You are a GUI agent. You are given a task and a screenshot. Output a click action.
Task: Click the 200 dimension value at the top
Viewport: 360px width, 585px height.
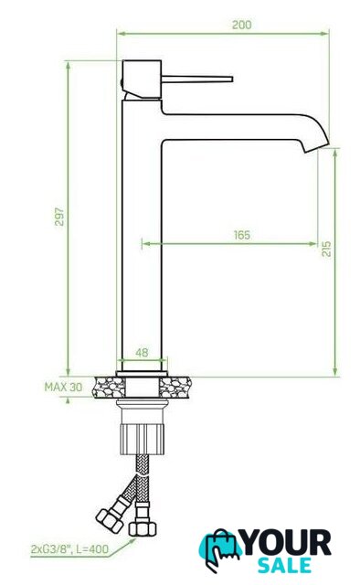[x=242, y=25]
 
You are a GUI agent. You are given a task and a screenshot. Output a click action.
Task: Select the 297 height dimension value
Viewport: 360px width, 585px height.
[x=59, y=217]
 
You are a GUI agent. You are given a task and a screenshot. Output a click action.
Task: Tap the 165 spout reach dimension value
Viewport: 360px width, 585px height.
[x=242, y=235]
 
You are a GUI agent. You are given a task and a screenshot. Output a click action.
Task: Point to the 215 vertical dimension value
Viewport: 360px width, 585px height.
[x=326, y=249]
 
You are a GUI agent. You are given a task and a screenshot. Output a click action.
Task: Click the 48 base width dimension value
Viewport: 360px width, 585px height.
[x=142, y=352]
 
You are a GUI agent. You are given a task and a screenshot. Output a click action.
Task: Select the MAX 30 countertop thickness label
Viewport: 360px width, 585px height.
[x=63, y=387]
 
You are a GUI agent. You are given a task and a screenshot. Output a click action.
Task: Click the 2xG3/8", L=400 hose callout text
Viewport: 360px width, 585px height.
[x=69, y=548]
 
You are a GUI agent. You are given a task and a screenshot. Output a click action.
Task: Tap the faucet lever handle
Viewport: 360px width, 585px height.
[x=197, y=79]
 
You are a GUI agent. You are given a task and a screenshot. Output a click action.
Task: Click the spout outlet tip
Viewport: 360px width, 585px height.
[x=317, y=146]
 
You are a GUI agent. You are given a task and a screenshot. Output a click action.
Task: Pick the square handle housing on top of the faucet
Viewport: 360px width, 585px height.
[x=142, y=80]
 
